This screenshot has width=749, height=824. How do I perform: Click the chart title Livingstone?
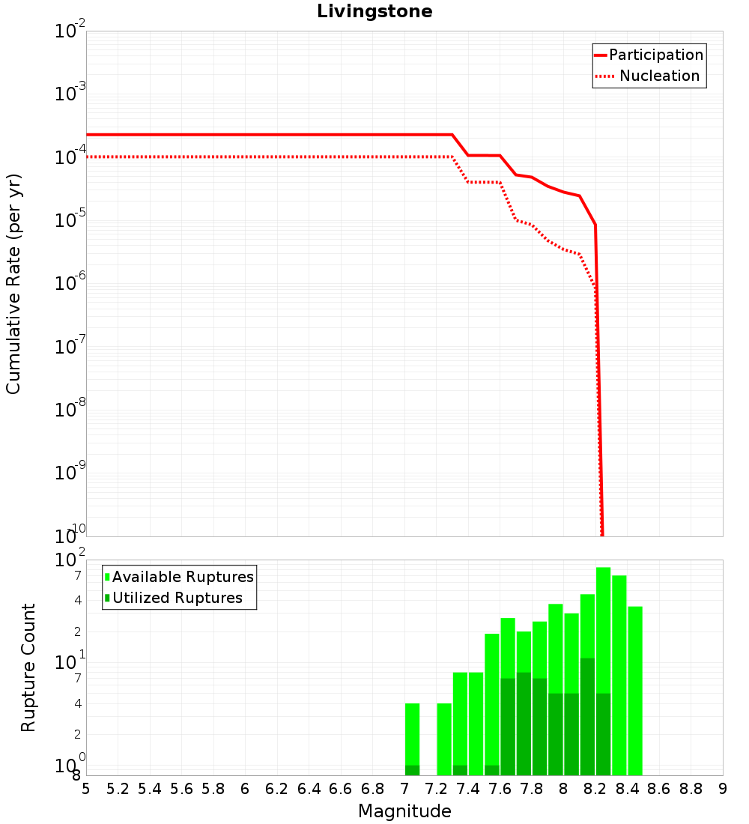click(x=374, y=11)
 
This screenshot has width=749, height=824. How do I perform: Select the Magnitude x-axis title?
click(x=404, y=811)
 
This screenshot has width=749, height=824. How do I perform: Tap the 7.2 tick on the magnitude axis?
click(x=436, y=789)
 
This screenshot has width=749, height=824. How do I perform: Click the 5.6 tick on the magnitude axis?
click(x=181, y=789)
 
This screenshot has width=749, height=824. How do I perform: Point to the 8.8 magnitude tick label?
click(x=691, y=789)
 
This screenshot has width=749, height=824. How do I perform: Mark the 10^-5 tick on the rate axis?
click(x=71, y=220)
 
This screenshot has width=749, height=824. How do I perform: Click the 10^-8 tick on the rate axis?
click(x=71, y=409)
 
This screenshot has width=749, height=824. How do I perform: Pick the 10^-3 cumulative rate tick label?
click(x=71, y=94)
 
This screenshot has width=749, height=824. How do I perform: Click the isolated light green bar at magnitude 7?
click(x=412, y=734)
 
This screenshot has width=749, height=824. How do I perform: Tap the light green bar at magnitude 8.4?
click(x=635, y=689)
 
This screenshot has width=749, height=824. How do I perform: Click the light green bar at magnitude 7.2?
click(x=444, y=739)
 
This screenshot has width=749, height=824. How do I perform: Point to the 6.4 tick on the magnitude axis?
click(x=309, y=789)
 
